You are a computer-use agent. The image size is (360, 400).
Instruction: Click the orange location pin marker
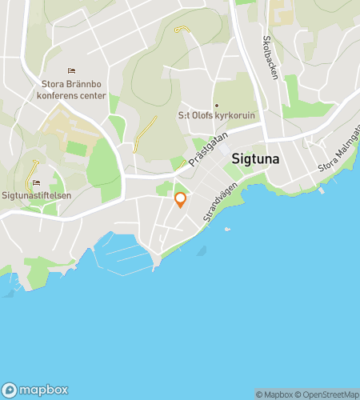[x=180, y=199]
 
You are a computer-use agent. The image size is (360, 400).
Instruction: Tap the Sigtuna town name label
[x=256, y=158]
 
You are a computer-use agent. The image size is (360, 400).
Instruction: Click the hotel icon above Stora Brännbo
[x=70, y=70]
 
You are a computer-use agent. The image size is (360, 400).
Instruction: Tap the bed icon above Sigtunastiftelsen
[x=36, y=182]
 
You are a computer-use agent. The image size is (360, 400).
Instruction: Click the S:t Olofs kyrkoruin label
[x=216, y=116]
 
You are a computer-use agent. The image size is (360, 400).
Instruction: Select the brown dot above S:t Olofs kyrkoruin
[x=216, y=105]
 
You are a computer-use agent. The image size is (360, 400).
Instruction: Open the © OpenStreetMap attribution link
[x=328, y=394]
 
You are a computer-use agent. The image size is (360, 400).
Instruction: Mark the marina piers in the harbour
[x=123, y=254]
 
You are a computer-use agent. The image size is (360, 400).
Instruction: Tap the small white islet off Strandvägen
[x=228, y=230]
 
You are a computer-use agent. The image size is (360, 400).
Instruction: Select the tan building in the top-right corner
[x=282, y=11]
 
